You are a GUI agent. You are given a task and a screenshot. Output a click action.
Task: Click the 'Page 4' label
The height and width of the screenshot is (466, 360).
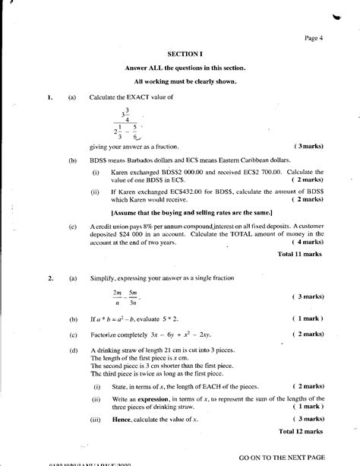click(314, 38)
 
